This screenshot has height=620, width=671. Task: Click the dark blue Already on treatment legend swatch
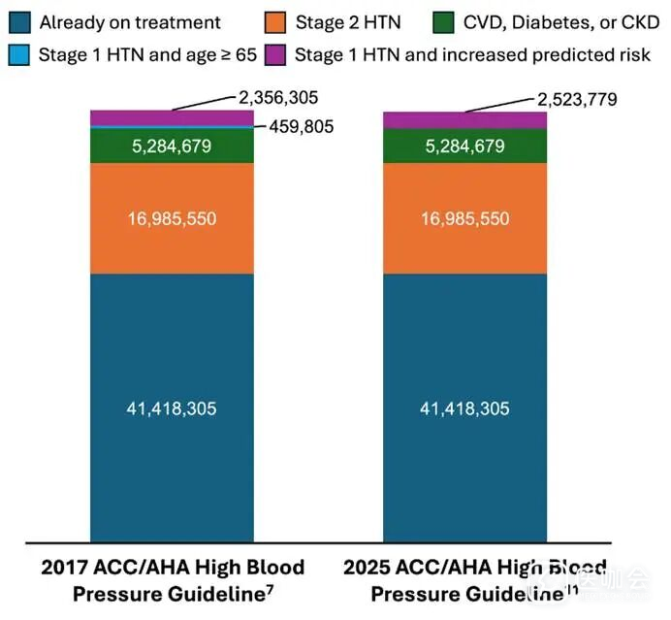18,22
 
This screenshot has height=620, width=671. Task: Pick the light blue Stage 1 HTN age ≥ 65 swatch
18,54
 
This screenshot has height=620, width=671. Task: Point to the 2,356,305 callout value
279,98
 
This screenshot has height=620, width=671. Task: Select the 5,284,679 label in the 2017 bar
172,147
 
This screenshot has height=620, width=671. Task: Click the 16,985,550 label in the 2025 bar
464,219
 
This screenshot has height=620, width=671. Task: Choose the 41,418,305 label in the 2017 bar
172,408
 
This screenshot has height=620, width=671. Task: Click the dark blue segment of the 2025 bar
464,466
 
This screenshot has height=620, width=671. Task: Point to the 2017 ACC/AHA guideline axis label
172,579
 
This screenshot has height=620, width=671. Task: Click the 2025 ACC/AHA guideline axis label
464,579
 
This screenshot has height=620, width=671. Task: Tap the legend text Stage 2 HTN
348,22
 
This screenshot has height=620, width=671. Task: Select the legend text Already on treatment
130,22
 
